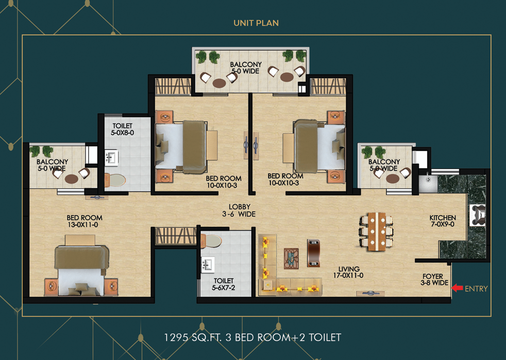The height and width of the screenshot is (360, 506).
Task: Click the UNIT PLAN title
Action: [256, 23]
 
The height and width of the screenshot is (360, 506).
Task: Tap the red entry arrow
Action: [457, 288]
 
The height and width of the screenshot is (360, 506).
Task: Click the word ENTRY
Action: [476, 289]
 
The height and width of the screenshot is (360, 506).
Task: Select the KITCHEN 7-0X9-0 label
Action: [442, 221]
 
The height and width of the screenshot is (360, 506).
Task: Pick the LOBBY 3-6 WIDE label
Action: [239, 210]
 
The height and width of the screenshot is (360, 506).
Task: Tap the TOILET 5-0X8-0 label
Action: [122, 129]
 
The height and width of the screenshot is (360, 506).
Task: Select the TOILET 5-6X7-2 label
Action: [225, 284]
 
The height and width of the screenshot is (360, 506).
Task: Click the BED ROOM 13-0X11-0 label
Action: [85, 221]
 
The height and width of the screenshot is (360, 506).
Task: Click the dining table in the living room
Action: [377, 231]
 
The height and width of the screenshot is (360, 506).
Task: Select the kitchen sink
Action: [427, 183]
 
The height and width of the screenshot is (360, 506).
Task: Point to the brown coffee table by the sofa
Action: [313, 253]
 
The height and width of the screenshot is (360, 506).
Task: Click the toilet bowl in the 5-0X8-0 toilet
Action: [115, 181]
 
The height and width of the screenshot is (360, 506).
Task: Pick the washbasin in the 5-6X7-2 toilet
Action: [208, 265]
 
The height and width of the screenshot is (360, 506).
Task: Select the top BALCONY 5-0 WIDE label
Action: [245, 68]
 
